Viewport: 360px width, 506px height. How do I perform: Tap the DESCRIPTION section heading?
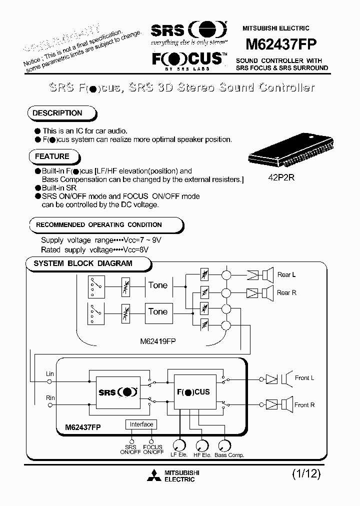coord(57,113)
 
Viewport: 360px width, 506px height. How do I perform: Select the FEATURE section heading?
coord(52,156)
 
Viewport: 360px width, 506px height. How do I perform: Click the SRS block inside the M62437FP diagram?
coord(117,392)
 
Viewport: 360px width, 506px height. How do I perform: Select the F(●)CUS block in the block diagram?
coord(191,391)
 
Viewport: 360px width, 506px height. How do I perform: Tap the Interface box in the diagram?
coord(141,424)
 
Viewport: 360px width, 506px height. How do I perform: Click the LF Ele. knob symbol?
coord(179,444)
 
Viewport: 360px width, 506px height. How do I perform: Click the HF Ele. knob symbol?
coord(201,444)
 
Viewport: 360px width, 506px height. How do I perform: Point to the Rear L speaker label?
coord(287,274)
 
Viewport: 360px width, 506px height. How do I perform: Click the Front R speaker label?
coord(304,404)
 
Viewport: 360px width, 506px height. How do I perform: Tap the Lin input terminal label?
coord(49,374)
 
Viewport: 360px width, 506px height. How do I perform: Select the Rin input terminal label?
coord(49,398)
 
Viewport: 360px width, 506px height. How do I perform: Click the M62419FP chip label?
coord(157,341)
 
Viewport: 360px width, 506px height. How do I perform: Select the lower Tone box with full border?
coord(158,311)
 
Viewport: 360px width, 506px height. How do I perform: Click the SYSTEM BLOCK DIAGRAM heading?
coord(83,263)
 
